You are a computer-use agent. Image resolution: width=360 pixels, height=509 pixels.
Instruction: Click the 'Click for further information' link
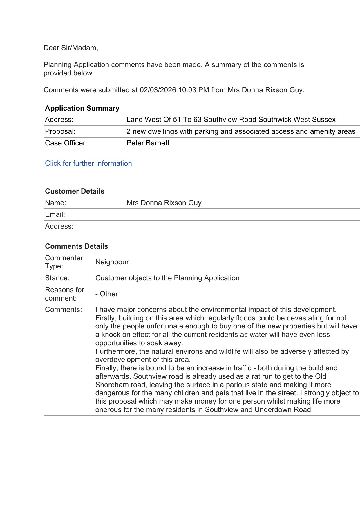pos(88,163)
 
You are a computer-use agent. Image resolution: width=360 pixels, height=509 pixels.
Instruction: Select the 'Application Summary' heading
pos(82,108)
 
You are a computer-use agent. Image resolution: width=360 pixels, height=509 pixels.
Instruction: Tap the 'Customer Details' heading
pos(75,191)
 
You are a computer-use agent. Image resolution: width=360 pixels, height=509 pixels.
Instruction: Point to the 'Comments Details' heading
pos(76,246)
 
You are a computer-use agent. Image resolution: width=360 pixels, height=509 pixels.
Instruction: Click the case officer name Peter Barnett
pos(148,143)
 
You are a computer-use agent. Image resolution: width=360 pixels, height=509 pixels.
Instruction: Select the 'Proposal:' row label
pos(60,131)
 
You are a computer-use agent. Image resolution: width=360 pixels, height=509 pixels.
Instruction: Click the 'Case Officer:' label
pos(66,143)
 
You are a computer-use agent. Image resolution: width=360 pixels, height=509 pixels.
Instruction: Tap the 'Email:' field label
pos(55,214)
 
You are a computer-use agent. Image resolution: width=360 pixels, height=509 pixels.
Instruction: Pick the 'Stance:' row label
pos(57,278)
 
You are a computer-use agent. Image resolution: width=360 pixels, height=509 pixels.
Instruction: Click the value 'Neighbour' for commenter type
pos(112,262)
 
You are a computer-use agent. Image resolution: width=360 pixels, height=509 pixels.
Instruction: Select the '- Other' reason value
pos(106,294)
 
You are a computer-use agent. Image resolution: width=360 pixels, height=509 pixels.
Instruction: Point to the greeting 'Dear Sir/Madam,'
pos(71,48)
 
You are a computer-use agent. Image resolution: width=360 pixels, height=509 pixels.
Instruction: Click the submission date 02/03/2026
pos(158,90)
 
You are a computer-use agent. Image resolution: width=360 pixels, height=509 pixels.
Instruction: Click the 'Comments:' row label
pos(63,310)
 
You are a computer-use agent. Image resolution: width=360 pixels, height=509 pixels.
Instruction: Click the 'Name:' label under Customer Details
pos(55,203)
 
